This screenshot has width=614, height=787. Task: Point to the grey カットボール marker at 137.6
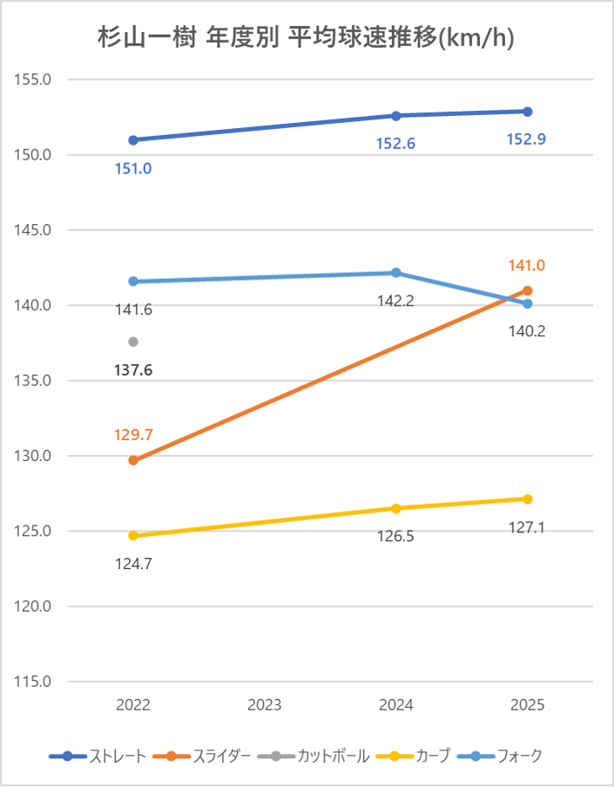[x=133, y=342]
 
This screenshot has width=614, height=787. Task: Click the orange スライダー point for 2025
[x=528, y=290]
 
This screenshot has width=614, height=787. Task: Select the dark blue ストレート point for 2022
[x=133, y=140]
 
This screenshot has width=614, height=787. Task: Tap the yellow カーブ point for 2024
[x=396, y=508]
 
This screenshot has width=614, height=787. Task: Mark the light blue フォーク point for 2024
[x=396, y=273]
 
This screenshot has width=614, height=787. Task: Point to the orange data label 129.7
[x=133, y=434]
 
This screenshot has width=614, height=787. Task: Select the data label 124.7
[x=133, y=563]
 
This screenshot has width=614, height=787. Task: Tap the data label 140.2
[x=527, y=330]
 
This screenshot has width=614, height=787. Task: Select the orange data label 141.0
[x=527, y=266]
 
